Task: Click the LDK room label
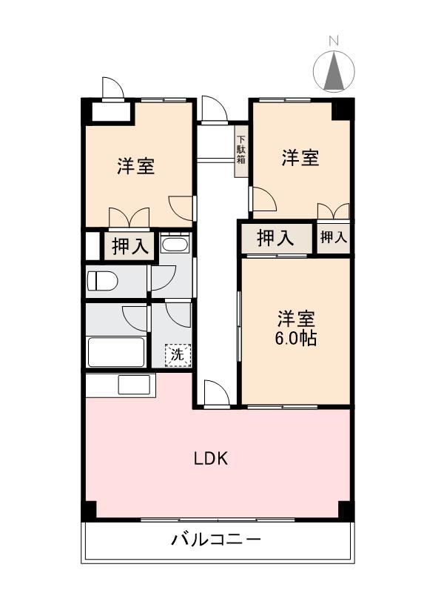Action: (x=211, y=458)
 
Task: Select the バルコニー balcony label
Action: (x=216, y=540)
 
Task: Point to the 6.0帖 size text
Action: (x=297, y=339)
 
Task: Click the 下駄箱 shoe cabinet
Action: (x=241, y=154)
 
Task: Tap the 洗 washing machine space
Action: (x=177, y=354)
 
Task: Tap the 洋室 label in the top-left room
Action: (x=135, y=166)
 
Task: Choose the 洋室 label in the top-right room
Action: (x=300, y=157)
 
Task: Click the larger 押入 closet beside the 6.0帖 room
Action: (x=275, y=238)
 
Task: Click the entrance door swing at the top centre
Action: (x=212, y=109)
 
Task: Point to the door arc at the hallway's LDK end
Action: (x=215, y=393)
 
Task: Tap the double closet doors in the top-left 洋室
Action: (x=130, y=217)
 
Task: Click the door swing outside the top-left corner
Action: (x=112, y=88)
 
